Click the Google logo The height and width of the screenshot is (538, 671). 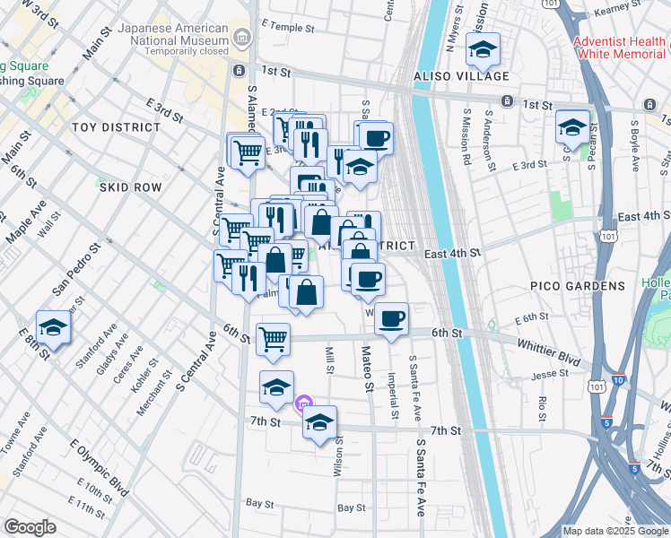point(30,527)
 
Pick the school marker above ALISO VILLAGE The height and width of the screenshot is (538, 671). point(483,50)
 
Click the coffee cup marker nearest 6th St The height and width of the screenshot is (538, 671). point(391,317)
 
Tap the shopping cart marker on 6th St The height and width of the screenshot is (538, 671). point(273,339)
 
